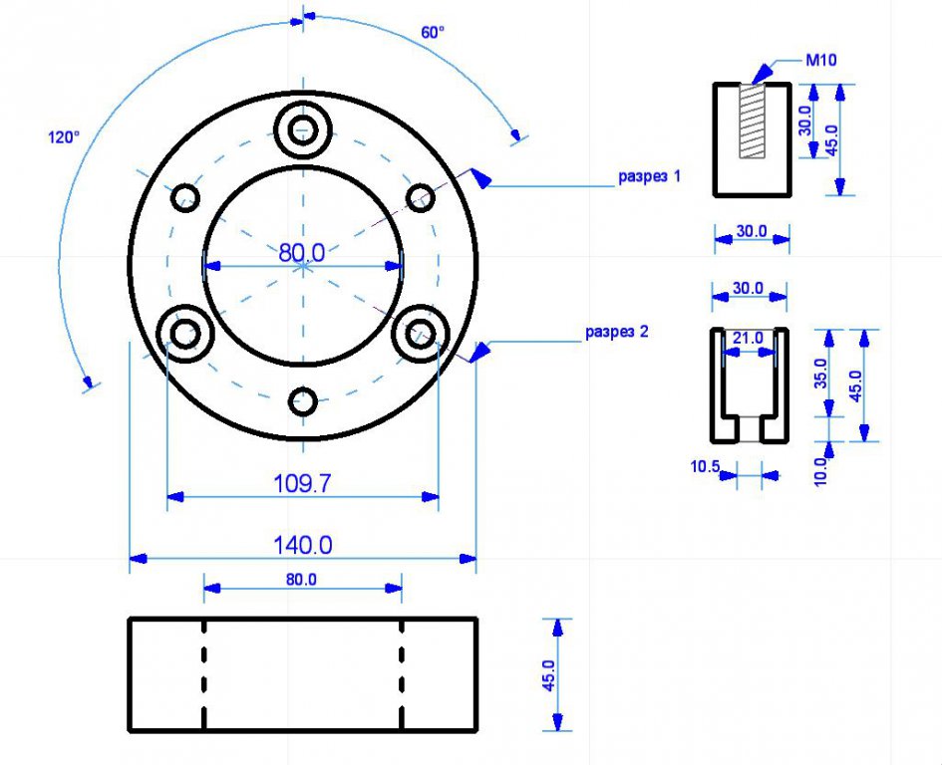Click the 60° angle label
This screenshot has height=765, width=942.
(433, 32)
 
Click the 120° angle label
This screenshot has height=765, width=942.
(63, 137)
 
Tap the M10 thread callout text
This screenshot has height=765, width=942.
(820, 61)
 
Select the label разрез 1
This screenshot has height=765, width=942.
(649, 176)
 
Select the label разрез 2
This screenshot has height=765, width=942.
(616, 332)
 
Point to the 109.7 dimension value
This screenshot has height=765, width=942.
(302, 484)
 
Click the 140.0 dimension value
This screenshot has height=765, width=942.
(302, 545)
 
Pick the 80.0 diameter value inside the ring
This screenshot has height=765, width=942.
(302, 253)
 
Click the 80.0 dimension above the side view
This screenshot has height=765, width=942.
(302, 579)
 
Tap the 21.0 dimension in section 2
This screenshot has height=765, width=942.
(748, 339)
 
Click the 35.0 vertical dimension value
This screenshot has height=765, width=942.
(820, 374)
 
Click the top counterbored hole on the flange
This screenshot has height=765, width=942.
(303, 129)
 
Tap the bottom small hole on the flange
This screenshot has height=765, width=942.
(303, 401)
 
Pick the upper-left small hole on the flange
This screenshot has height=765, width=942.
(185, 197)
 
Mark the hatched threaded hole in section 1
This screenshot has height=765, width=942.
(753, 120)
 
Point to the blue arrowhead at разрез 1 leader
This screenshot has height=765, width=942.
(480, 178)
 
